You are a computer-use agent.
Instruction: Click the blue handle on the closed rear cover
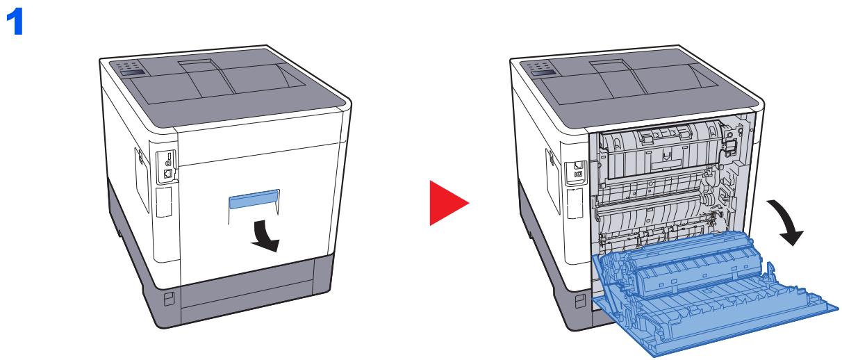click(253, 199)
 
